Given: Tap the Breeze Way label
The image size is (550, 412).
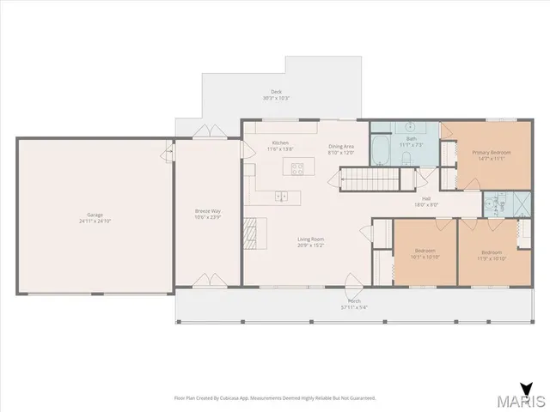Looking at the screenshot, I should (207, 210).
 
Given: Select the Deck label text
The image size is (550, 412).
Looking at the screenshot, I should (276, 92).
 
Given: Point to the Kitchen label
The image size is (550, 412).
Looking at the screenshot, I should (280, 142).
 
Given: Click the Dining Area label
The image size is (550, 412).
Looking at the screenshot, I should (341, 146).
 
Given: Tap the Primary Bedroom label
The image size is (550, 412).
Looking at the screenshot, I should (492, 153).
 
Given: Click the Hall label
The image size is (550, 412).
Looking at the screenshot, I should (426, 198).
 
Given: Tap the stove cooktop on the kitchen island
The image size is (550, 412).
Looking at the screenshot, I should (297, 169).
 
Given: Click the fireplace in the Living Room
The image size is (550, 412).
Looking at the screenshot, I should (250, 233).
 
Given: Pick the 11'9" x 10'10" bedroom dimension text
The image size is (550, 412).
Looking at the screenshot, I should (491, 257).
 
